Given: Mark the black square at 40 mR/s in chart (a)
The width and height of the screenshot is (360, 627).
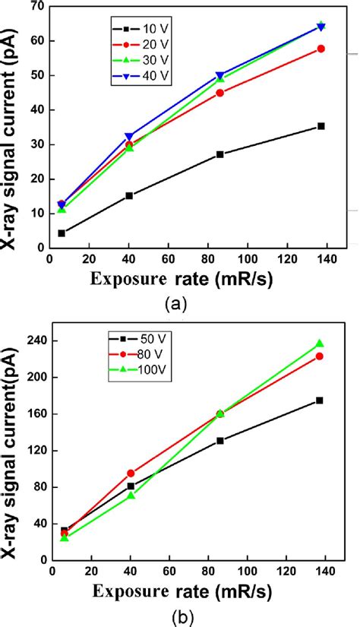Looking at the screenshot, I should coord(129,195).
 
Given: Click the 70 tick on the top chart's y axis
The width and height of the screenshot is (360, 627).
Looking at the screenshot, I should coord(34,7).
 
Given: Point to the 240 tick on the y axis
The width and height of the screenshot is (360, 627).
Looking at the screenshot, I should coord(32,340).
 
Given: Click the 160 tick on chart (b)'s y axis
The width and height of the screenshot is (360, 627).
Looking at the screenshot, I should coord(32,413).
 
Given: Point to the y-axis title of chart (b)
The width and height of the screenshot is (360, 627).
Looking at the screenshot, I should coord(11,448).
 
